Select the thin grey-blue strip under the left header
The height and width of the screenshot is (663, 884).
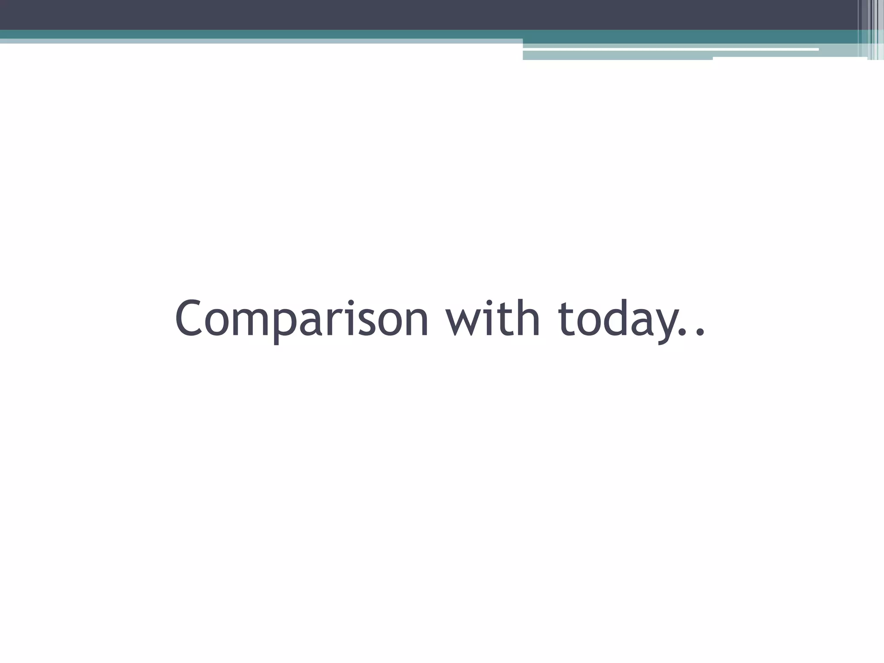click(259, 41)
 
